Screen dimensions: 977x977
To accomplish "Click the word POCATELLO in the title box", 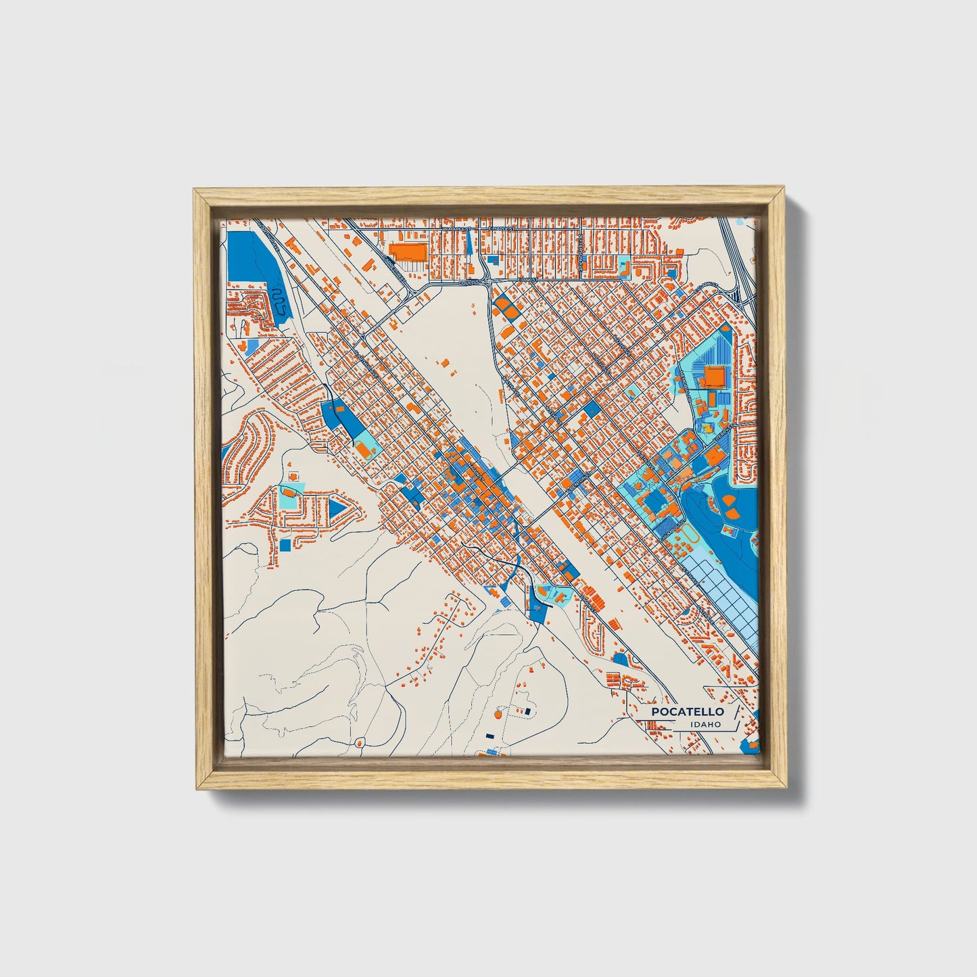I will click(x=688, y=712).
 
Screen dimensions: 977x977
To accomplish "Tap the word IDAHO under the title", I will click(x=705, y=725).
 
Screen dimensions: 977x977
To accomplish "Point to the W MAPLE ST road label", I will click(x=458, y=230).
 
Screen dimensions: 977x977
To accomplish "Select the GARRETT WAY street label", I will click(x=396, y=269).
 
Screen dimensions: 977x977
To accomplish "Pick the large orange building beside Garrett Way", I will click(x=409, y=252).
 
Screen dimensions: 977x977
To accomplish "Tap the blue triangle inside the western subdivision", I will click(x=336, y=507).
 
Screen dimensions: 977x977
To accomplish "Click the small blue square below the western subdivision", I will click(x=285, y=545).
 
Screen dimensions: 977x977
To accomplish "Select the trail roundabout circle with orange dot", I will click(x=499, y=713).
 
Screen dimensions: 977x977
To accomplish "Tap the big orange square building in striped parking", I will click(x=715, y=377).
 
